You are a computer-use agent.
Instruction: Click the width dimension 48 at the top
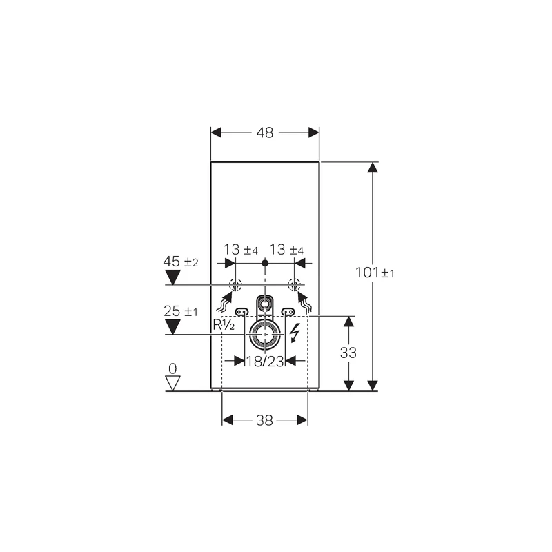click(x=265, y=133)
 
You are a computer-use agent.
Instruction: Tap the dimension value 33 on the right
click(x=348, y=353)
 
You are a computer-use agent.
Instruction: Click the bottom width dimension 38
click(x=264, y=420)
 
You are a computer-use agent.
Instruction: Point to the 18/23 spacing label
click(x=265, y=361)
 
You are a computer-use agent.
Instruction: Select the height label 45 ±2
click(x=181, y=262)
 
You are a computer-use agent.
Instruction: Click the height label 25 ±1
click(x=181, y=312)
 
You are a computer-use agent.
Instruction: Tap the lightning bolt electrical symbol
click(x=295, y=333)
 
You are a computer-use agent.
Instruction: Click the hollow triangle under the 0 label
click(x=172, y=382)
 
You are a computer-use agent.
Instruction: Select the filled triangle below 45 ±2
click(x=172, y=278)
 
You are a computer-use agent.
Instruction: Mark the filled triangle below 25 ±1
click(x=172, y=328)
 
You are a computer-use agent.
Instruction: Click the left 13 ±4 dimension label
click(x=240, y=249)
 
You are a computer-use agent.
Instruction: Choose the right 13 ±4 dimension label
click(x=287, y=249)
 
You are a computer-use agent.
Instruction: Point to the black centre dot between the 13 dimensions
click(x=265, y=263)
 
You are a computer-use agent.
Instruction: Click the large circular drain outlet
click(x=265, y=335)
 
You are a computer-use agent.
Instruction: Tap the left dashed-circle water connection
click(x=235, y=284)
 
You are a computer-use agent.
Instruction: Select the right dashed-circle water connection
click(x=295, y=284)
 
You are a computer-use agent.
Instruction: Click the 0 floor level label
click(x=172, y=369)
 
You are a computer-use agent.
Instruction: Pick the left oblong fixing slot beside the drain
click(x=242, y=312)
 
